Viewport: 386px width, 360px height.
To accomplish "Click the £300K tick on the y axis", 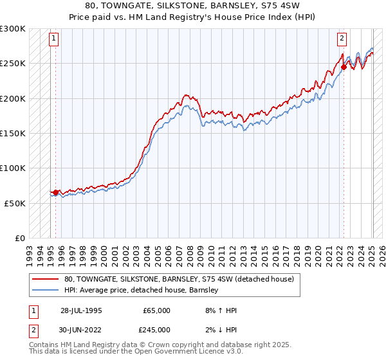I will [x=13, y=29].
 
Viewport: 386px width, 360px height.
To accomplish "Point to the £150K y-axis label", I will [x=13, y=133].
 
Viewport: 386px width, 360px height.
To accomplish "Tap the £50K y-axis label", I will [x=15, y=203].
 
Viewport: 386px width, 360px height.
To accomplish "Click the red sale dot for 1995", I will [x=56, y=192].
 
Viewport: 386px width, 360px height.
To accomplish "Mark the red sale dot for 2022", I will [x=344, y=67].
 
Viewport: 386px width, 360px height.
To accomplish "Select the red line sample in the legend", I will [x=46, y=279].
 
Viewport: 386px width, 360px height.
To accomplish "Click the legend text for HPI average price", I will [x=142, y=290].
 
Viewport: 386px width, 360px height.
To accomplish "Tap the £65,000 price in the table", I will [x=156, y=310].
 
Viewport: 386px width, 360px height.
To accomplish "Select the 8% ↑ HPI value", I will [x=221, y=310].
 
